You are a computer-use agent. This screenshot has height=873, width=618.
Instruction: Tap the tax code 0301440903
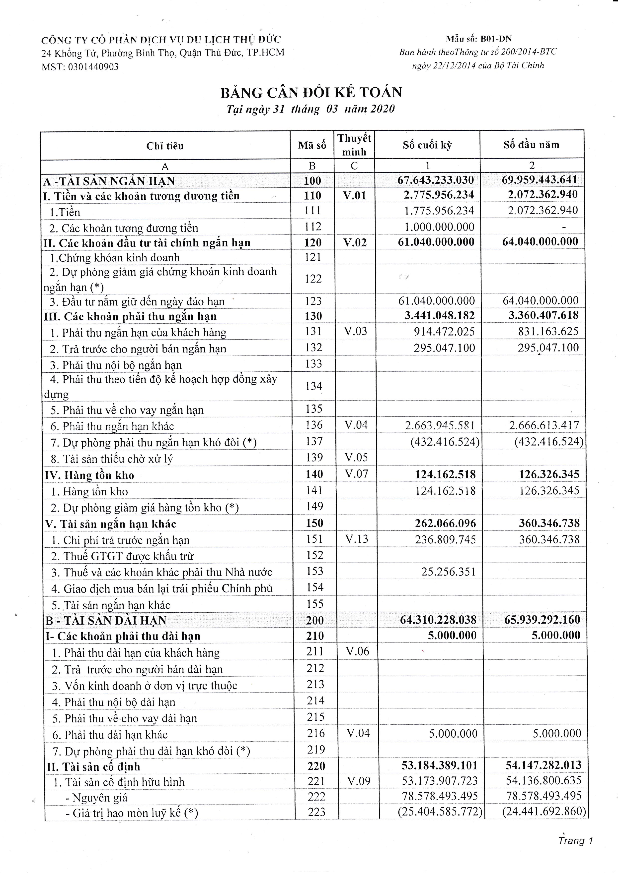click(93, 67)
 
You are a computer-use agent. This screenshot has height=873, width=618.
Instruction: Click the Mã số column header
click(312, 145)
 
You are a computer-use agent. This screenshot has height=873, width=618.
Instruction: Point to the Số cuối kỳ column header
click(427, 145)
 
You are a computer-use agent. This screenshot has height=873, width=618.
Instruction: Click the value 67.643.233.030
click(436, 180)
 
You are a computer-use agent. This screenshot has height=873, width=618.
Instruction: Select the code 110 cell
click(312, 196)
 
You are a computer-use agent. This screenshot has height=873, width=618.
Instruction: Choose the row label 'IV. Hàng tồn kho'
click(89, 475)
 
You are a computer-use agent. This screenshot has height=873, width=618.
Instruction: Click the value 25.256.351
click(448, 572)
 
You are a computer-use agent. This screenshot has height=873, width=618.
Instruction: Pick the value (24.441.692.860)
click(544, 812)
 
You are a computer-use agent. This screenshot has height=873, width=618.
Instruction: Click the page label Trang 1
click(575, 841)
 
